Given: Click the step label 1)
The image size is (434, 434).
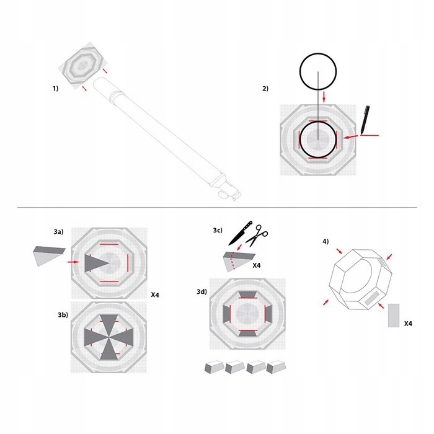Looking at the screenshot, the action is coord(55,89).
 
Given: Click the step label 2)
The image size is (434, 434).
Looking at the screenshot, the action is coord(265,89).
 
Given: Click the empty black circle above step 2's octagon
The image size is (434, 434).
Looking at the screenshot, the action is coord(318,71).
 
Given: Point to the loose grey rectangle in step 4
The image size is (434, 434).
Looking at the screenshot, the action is coord(393,315).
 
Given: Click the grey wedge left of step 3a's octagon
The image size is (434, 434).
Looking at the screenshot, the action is coord(48,254).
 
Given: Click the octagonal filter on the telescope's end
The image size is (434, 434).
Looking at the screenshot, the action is coord(84,64).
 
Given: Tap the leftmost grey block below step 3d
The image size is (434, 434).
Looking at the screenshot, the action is coord(215,367).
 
